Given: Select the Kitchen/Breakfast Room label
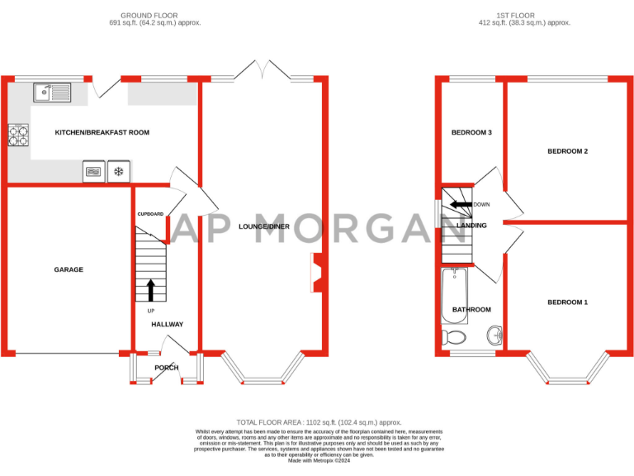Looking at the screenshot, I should click(x=102, y=132).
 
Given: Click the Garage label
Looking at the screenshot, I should click(x=69, y=269).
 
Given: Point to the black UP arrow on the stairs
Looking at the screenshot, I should click(x=151, y=290).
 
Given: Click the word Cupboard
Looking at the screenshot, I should click(x=150, y=214).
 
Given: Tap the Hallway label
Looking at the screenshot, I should click(x=167, y=324).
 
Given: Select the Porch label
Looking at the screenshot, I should click(x=167, y=368).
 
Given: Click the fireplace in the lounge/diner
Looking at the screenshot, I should click(x=316, y=274).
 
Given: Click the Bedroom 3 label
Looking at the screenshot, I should click(x=471, y=132).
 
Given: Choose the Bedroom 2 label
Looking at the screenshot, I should click(x=567, y=151).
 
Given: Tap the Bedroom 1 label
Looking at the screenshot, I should click(x=567, y=302).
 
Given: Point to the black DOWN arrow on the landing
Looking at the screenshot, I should click(x=461, y=204).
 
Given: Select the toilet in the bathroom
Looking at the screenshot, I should click(x=452, y=337).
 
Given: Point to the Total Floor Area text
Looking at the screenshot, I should click(x=319, y=421).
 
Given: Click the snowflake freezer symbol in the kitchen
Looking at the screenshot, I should click(x=119, y=172).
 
